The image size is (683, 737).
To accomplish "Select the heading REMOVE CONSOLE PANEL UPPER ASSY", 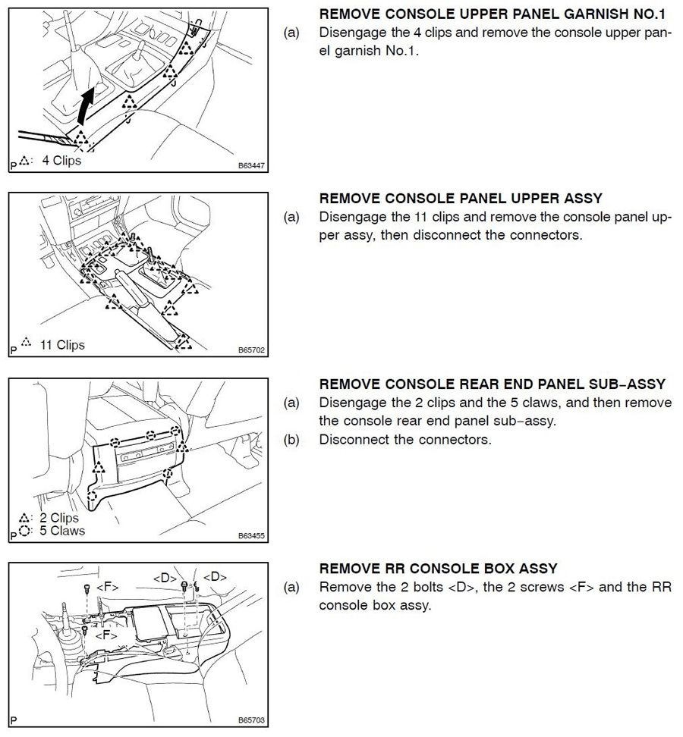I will tap(461, 199).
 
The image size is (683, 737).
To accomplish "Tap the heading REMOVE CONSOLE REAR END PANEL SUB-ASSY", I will tap(492, 384).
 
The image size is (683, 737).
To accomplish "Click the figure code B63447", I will tap(250, 165).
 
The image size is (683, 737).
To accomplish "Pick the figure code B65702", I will tap(250, 351).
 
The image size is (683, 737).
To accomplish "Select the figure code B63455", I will tap(250, 535).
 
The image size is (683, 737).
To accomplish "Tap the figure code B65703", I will tap(250, 721).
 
